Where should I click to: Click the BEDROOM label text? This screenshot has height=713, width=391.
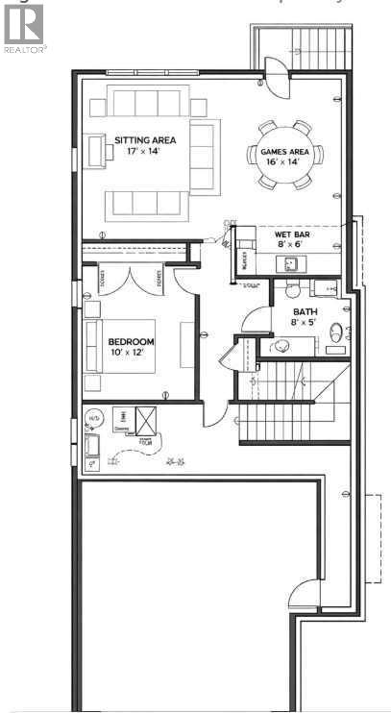click(x=132, y=341)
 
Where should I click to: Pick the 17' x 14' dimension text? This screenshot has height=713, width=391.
click(x=138, y=152)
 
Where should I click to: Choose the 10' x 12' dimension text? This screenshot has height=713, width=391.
click(x=132, y=353)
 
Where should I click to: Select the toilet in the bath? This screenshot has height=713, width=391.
click(x=335, y=332)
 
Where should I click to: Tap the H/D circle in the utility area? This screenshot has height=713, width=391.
click(x=94, y=420)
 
